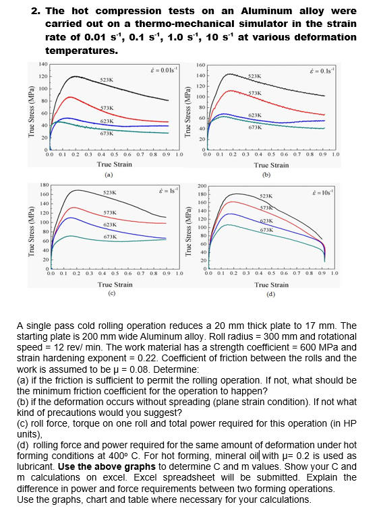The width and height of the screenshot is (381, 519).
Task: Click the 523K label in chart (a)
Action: (x=107, y=80)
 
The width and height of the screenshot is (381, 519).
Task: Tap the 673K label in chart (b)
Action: (x=255, y=127)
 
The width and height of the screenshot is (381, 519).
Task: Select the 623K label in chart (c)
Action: (x=110, y=224)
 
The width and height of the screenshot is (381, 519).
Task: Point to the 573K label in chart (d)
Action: (x=266, y=208)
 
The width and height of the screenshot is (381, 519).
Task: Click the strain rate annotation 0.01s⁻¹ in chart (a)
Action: (x=164, y=69)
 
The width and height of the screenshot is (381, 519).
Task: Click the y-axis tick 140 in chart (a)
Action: (x=43, y=64)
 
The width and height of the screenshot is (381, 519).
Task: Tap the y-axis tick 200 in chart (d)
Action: (x=202, y=186)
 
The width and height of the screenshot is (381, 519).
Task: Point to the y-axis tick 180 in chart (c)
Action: (x=45, y=185)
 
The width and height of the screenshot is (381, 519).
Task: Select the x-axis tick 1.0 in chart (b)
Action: (x=335, y=154)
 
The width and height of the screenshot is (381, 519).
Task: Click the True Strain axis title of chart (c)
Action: (x=115, y=284)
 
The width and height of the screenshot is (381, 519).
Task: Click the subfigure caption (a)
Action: (x=109, y=175)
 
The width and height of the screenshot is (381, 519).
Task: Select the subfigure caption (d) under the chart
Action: (x=271, y=294)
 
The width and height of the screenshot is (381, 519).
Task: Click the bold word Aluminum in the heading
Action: (x=266, y=11)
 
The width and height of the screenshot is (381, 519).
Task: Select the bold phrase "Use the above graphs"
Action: (x=107, y=466)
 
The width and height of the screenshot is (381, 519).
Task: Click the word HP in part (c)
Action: (x=350, y=423)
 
